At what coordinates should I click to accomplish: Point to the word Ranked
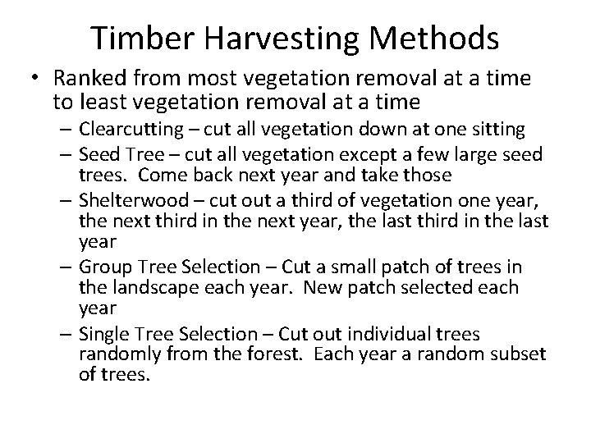(x=86, y=80)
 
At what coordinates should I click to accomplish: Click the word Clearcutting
(x=128, y=130)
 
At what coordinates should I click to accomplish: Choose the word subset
(x=520, y=355)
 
